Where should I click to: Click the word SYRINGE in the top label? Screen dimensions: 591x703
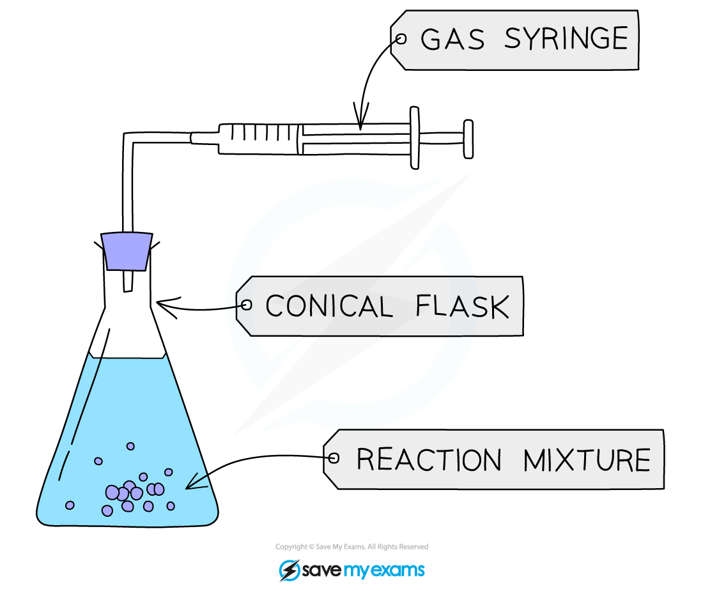tap(566, 40)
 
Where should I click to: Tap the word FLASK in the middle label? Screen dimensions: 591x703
tap(462, 307)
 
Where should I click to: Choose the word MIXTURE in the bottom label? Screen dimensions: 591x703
tap(586, 460)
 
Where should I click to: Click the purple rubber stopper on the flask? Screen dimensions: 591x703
tap(127, 250)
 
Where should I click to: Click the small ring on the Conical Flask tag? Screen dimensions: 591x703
tap(246, 305)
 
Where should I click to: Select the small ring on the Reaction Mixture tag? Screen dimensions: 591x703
tap(333, 458)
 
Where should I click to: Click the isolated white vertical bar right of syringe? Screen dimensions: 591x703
tap(468, 139)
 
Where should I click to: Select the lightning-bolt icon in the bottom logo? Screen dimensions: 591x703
tap(290, 570)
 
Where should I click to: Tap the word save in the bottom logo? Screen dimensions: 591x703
tap(323, 570)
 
